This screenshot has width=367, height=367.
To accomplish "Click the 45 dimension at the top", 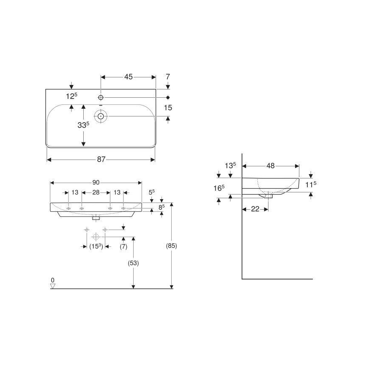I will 128,77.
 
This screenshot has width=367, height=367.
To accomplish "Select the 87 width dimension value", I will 101,159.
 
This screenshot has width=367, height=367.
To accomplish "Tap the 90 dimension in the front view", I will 96,182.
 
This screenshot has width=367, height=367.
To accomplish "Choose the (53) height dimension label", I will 134,263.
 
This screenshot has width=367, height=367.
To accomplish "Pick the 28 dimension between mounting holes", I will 96,192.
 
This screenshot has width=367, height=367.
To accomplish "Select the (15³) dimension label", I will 96,246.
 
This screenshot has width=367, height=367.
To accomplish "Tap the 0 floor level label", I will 52,280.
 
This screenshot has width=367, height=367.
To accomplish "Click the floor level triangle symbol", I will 53,286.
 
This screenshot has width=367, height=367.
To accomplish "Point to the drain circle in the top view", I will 101,116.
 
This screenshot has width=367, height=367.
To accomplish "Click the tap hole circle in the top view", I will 101,97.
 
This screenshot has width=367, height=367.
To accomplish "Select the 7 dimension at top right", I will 168,77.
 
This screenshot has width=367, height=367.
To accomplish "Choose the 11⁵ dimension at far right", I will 311,184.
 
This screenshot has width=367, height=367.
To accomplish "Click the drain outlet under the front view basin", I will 96,218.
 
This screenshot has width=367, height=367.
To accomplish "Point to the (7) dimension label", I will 123,246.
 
